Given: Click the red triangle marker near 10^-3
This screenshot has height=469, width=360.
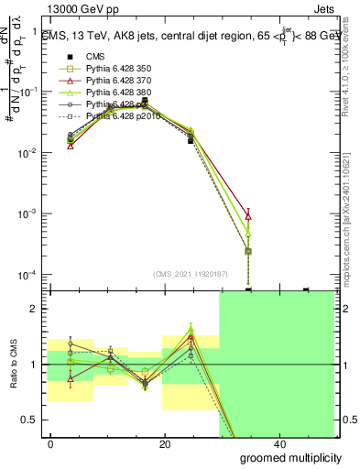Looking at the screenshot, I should (249, 216).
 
